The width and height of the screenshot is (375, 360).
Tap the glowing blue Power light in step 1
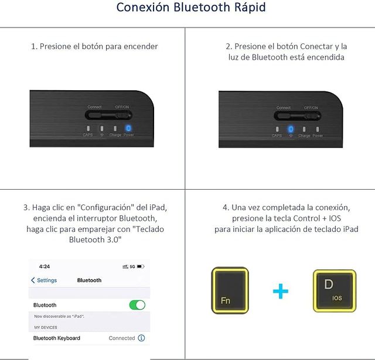coord(128,128)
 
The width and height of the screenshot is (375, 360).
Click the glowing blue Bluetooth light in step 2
coord(291,128)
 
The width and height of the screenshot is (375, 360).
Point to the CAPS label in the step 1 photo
coord(88,135)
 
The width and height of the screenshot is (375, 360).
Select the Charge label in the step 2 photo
coord(304,135)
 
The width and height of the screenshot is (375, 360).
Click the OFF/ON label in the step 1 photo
coord(122,107)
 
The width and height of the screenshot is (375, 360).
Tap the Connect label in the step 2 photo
coord(284,108)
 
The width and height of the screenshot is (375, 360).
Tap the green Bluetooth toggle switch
coord(137,305)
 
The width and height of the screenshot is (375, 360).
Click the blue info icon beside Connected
coord(141,338)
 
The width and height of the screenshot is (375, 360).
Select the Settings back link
coord(45,280)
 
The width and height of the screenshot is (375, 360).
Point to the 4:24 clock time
coord(45,266)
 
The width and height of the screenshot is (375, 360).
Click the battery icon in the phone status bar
coord(141,266)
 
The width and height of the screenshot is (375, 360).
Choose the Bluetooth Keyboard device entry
coord(57,338)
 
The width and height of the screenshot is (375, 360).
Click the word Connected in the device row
coord(122,338)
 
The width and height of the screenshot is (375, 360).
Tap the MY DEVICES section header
coord(46,327)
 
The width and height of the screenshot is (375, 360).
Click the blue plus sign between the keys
coord(281,290)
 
